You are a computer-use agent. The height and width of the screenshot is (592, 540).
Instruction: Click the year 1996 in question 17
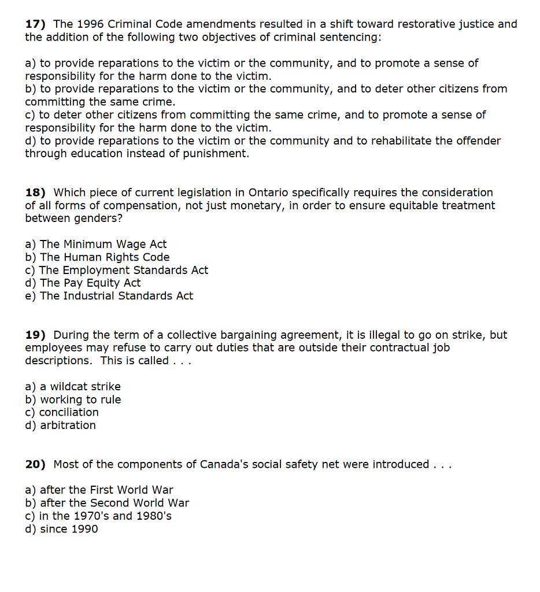tap(91, 24)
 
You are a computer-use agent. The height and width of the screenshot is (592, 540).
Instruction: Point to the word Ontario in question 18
tap(270, 193)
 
